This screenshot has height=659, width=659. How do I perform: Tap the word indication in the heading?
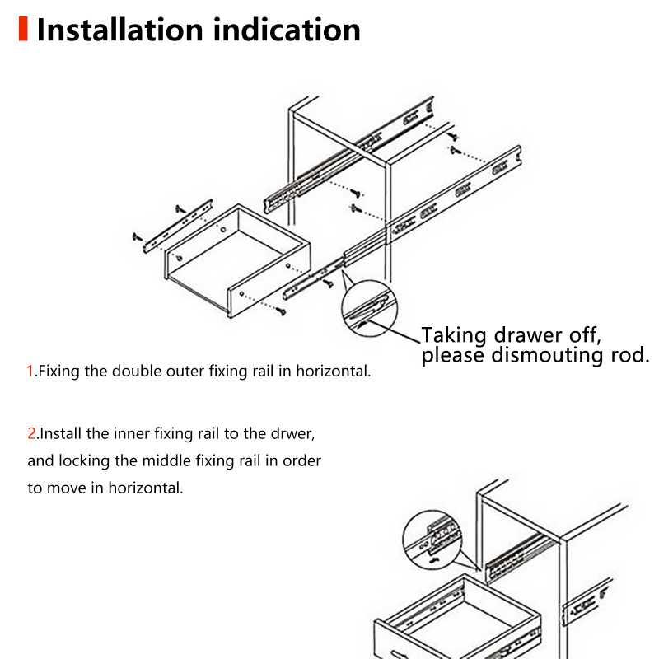[287, 30]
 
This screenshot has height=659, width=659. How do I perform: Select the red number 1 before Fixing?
[30, 372]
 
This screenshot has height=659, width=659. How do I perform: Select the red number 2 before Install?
[32, 433]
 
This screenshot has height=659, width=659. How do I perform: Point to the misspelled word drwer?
[296, 433]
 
